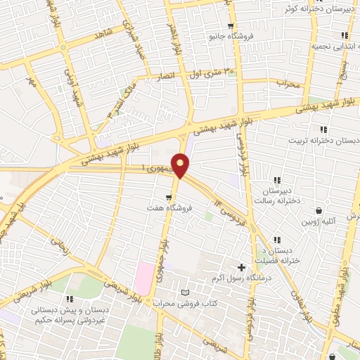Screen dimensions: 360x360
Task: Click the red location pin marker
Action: [x=181, y=165]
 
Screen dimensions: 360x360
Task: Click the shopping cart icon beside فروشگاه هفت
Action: [x=169, y=198]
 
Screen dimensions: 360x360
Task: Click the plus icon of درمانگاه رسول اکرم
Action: [x=242, y=267]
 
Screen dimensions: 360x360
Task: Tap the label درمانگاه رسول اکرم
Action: [x=240, y=278]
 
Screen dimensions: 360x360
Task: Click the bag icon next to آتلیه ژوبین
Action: [x=320, y=210]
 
